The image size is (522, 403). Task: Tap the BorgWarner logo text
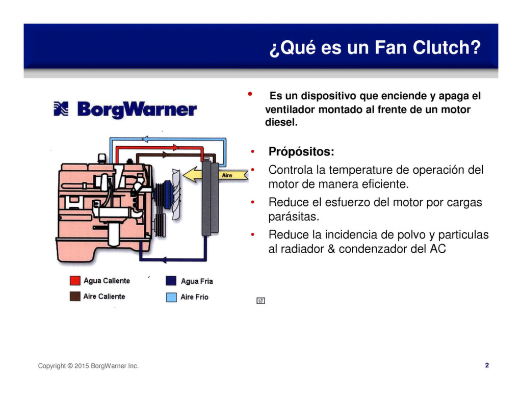137,110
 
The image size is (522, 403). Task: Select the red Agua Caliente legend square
75,281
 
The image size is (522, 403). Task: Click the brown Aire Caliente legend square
75,297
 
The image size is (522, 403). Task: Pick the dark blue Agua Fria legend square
171,281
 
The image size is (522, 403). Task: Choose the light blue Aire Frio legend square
171,297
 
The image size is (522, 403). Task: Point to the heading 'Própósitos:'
301,152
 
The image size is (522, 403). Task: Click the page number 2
487,365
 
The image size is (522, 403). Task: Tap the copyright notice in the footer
88,366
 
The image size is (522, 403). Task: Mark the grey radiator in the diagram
210,199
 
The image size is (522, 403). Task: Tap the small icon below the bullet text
260,301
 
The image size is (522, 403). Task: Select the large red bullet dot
250,95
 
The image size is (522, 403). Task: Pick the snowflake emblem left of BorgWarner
61,109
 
